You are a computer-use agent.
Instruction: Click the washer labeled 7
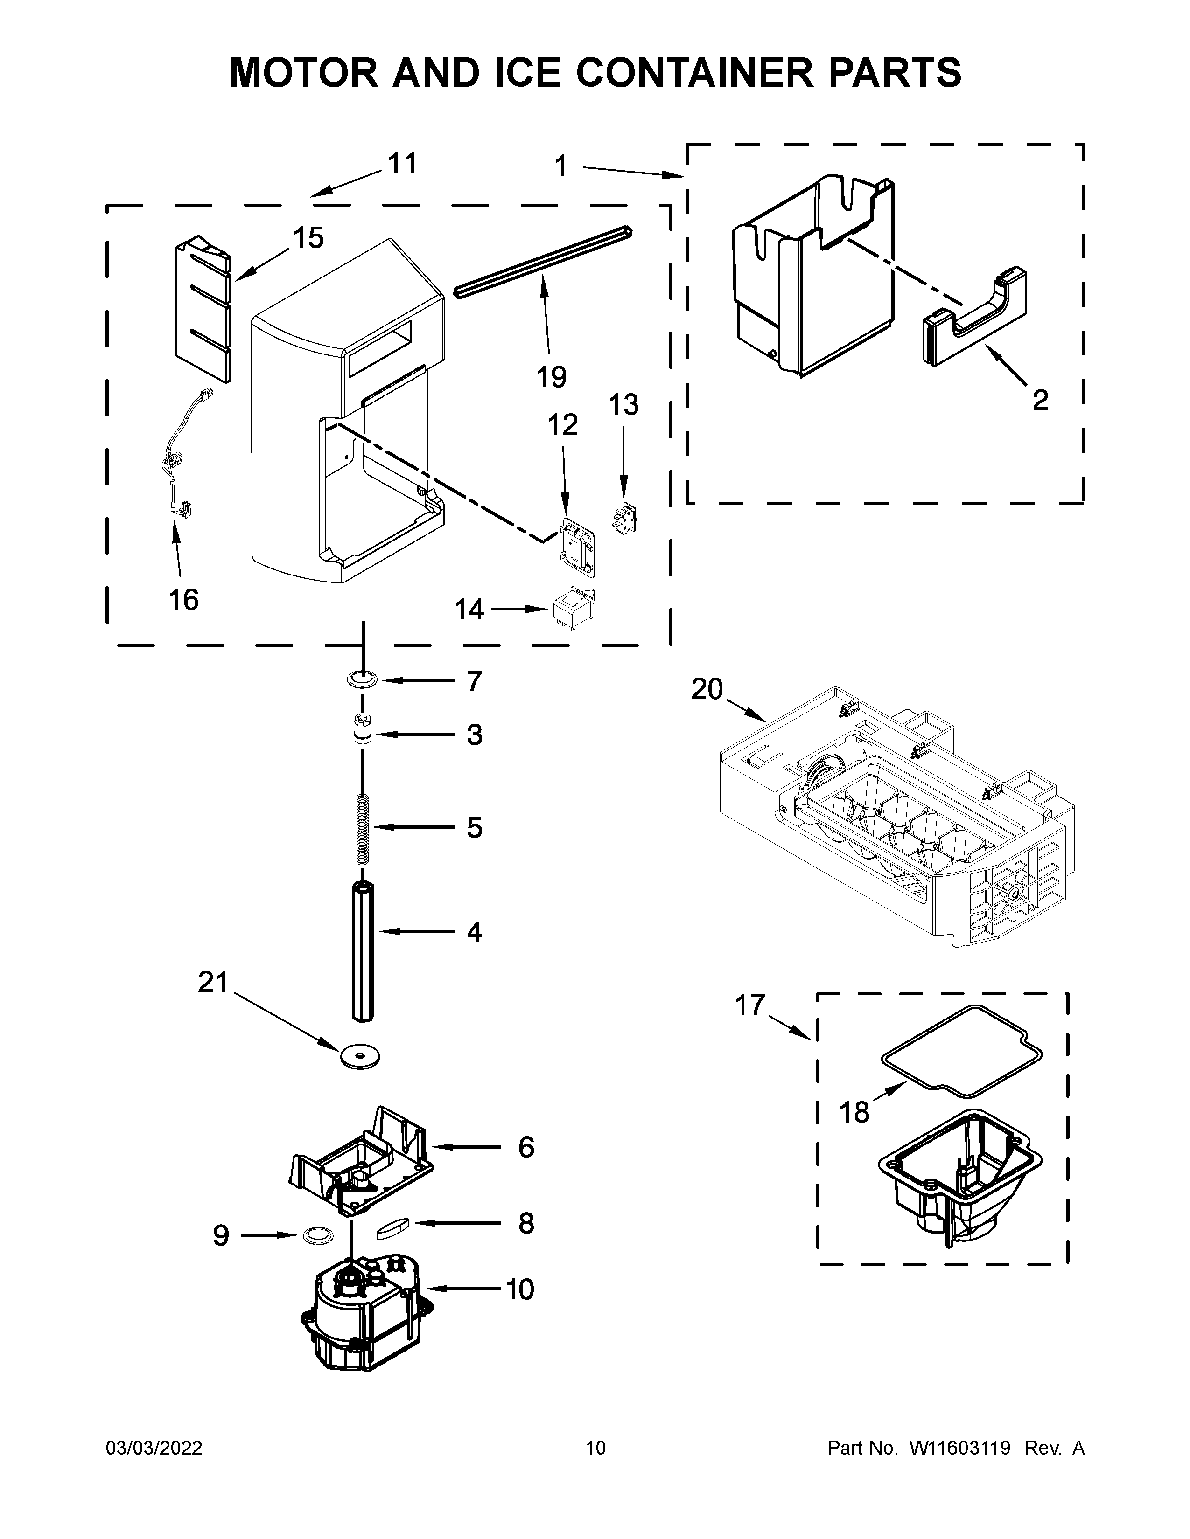pos(362,680)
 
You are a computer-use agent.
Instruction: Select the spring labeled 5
pos(362,828)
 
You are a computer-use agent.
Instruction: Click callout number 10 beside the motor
pos(520,1289)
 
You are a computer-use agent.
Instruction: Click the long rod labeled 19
pos(543,261)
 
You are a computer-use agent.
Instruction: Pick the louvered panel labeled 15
pos(203,310)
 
